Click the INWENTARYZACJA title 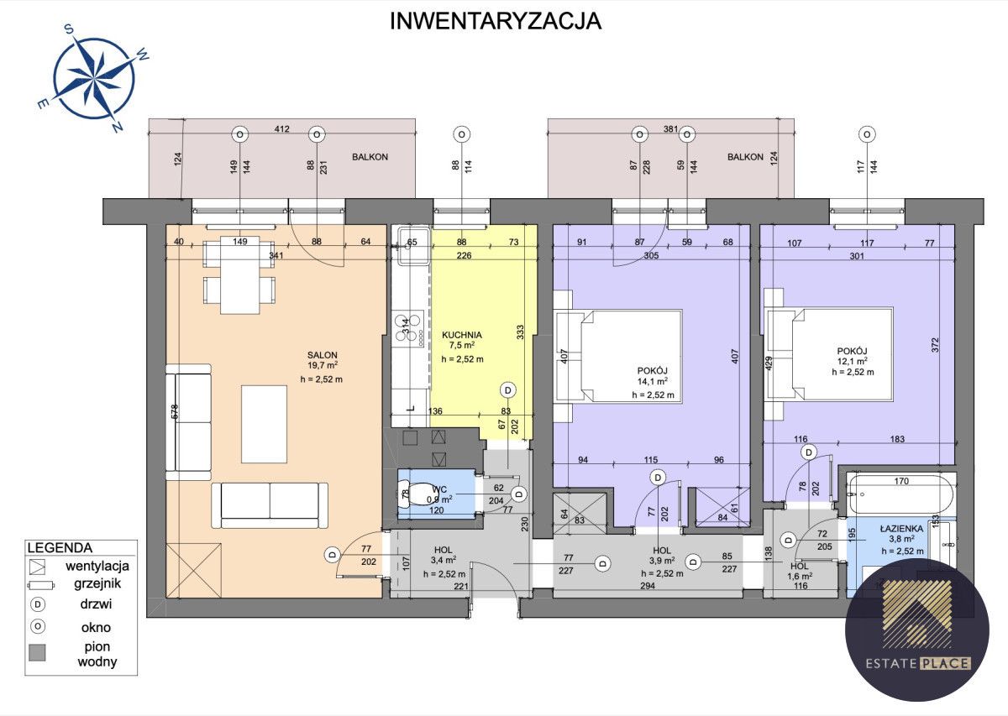496,22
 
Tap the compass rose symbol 93,76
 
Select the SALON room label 322,354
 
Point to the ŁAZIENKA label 901,528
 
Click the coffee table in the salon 265,423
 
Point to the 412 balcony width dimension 281,129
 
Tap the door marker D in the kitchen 507,389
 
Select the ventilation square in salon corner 194,570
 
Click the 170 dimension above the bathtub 901,482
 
